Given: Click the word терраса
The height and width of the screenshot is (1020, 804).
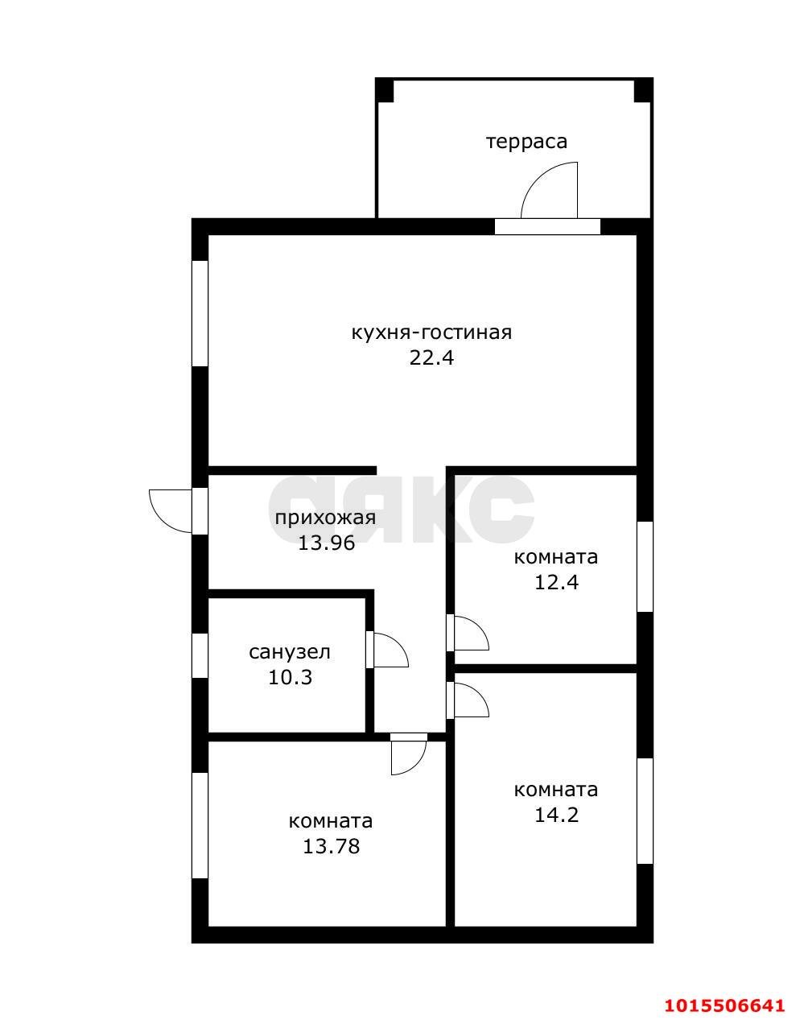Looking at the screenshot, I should [x=526, y=142].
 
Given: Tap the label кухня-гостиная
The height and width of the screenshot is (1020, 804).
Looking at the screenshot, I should [x=431, y=332].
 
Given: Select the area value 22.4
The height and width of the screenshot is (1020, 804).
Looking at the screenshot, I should [x=431, y=358].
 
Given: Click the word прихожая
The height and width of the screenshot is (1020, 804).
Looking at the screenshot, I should [x=325, y=517].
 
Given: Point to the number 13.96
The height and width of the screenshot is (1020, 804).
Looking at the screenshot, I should [x=326, y=543].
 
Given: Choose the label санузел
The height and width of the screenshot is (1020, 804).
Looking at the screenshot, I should [x=290, y=651].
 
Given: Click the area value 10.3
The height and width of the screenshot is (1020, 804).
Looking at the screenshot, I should [x=290, y=677].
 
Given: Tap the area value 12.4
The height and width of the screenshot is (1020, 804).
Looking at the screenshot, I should [x=556, y=581].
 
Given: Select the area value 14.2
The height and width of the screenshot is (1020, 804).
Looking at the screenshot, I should [x=556, y=815].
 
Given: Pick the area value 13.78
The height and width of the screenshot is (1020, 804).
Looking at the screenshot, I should [x=331, y=846].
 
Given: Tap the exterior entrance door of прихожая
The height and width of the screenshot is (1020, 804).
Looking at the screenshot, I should [x=171, y=510].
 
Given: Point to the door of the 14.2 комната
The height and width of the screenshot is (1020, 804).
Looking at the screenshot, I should [x=470, y=700].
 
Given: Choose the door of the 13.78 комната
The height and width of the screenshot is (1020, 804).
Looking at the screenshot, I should [x=408, y=755].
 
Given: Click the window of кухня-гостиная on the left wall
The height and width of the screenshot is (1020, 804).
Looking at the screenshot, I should [x=200, y=313].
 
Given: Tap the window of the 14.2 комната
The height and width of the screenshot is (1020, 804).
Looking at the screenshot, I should [x=645, y=811].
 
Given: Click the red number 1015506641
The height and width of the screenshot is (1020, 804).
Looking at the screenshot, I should [x=724, y=1005].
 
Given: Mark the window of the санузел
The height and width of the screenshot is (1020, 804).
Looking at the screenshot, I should [x=200, y=655].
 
